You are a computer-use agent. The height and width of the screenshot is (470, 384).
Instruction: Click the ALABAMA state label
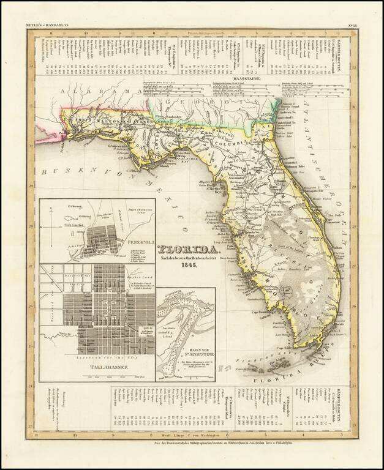[x=95, y=92]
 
